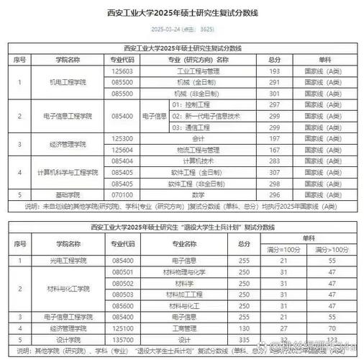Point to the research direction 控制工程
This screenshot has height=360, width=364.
pos(193,105)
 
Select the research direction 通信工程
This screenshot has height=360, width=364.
pos(193,127)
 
